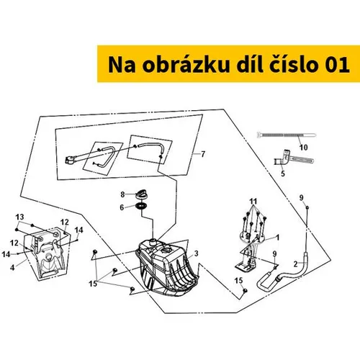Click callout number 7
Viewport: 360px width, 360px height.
pyautogui.click(x=203, y=154)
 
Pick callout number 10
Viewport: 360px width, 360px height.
pyautogui.click(x=303, y=147)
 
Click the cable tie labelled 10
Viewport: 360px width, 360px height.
pyautogui.click(x=287, y=135)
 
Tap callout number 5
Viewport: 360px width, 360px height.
pyautogui.click(x=283, y=174)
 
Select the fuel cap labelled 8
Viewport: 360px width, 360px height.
pyautogui.click(x=141, y=194)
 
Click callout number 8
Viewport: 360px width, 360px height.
pyautogui.click(x=122, y=194)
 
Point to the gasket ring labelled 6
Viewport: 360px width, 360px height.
pyautogui.click(x=141, y=206)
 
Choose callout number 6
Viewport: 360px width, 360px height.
pyautogui.click(x=122, y=207)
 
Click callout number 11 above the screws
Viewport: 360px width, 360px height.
pyautogui.click(x=253, y=201)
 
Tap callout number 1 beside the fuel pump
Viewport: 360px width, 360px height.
pyautogui.click(x=278, y=238)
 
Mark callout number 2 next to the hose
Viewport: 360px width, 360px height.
pyautogui.click(x=295, y=264)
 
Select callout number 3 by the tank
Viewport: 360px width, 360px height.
pyautogui.click(x=197, y=253)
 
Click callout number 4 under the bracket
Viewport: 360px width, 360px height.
pyautogui.click(x=12, y=267)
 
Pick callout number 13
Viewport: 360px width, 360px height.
pyautogui.click(x=19, y=217)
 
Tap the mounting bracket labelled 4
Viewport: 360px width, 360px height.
pyautogui.click(x=48, y=253)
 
